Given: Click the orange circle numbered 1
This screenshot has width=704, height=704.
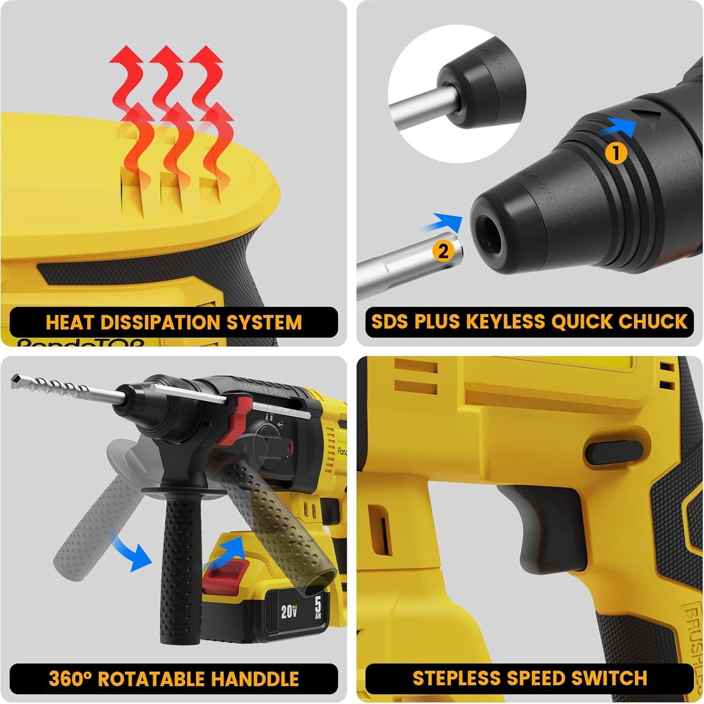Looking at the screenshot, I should click(x=616, y=153).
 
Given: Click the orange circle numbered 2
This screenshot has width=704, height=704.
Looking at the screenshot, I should click(x=444, y=251).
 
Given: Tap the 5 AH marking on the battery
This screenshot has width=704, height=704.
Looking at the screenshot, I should click(x=318, y=608).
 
